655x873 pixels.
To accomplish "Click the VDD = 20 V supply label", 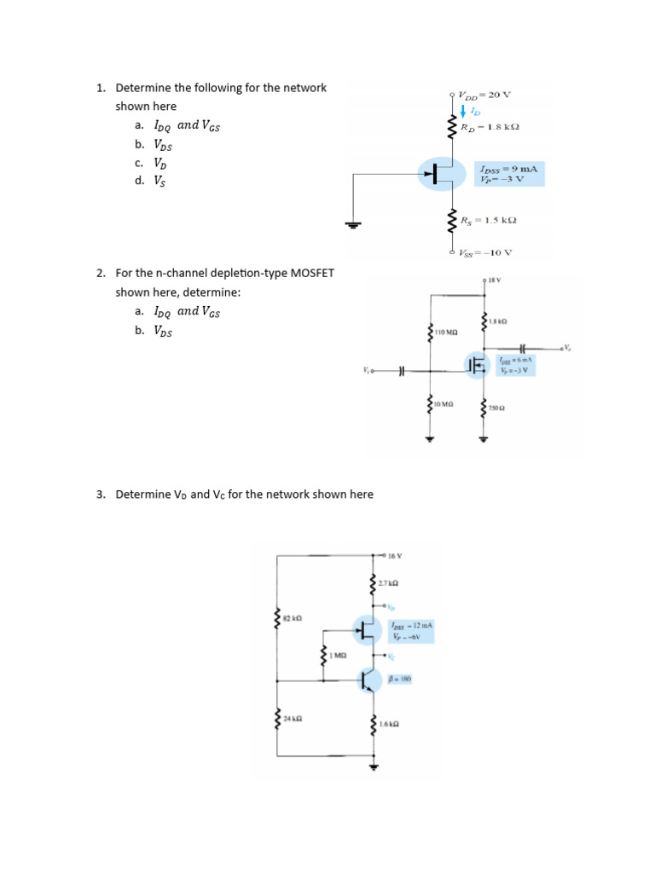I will pos(484,95).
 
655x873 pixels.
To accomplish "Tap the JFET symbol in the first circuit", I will pos(442,174).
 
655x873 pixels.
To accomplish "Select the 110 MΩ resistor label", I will pos(447,331).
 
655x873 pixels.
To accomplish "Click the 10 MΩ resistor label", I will pos(444,402).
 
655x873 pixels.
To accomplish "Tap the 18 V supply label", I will pos(494,280).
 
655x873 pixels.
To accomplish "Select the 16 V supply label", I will pos(393,555).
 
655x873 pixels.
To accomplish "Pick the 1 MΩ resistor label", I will pos(339,655).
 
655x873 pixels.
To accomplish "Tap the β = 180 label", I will pos(401,679).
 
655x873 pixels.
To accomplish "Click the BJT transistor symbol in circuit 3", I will pos(370,680).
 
